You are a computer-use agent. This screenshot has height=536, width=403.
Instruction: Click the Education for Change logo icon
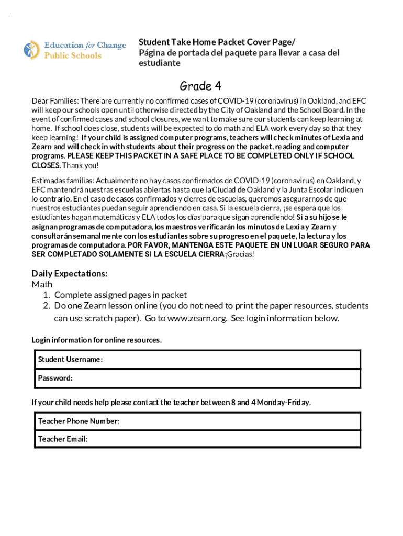pyautogui.click(x=32, y=50)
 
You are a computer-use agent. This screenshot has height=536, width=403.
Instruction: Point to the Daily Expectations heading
pyautogui.click(x=70, y=273)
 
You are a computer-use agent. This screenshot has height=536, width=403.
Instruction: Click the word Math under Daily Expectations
pyautogui.click(x=42, y=284)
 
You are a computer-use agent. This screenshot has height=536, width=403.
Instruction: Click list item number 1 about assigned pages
pyautogui.click(x=120, y=295)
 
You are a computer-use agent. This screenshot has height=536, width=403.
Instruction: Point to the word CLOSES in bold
pyautogui.click(x=46, y=165)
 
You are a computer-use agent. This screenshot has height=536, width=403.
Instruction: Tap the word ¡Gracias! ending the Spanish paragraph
pyautogui.click(x=239, y=254)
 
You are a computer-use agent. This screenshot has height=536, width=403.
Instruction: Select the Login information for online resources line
pyautogui.click(x=96, y=340)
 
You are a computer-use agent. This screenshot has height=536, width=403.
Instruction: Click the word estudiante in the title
pyautogui.click(x=160, y=63)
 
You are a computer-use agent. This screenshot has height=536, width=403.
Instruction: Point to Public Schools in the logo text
pyautogui.click(x=73, y=55)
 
